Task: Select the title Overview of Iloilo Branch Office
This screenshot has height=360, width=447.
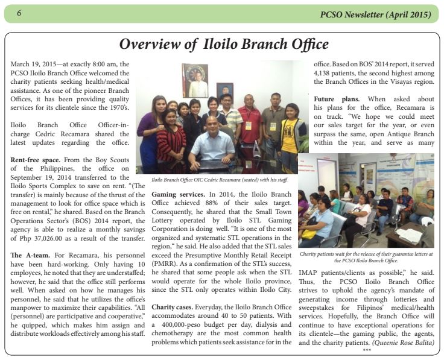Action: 224,44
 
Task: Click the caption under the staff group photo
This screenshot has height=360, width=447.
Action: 220,180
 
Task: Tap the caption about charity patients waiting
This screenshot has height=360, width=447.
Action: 366,257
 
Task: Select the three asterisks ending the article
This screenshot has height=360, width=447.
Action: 366,350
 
